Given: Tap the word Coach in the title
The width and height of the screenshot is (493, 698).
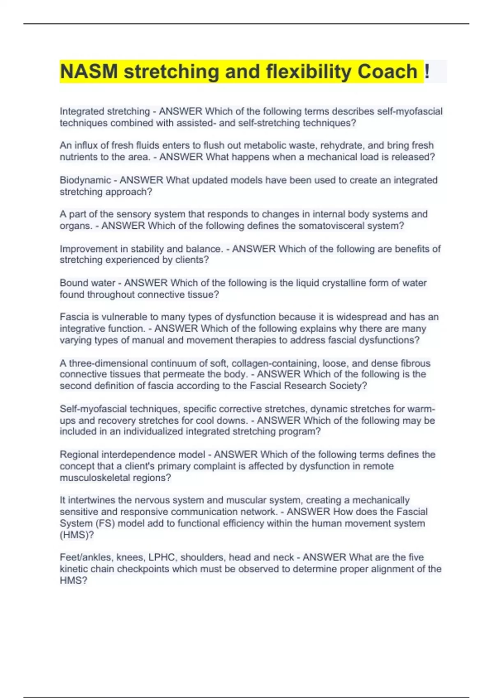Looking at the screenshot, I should pyautogui.click(x=387, y=71).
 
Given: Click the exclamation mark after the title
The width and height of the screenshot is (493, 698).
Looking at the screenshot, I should pyautogui.click(x=427, y=71).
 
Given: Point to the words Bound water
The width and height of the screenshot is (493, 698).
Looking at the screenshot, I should pyautogui.click(x=88, y=283).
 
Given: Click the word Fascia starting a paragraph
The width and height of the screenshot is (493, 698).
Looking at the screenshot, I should pyautogui.click(x=74, y=317).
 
